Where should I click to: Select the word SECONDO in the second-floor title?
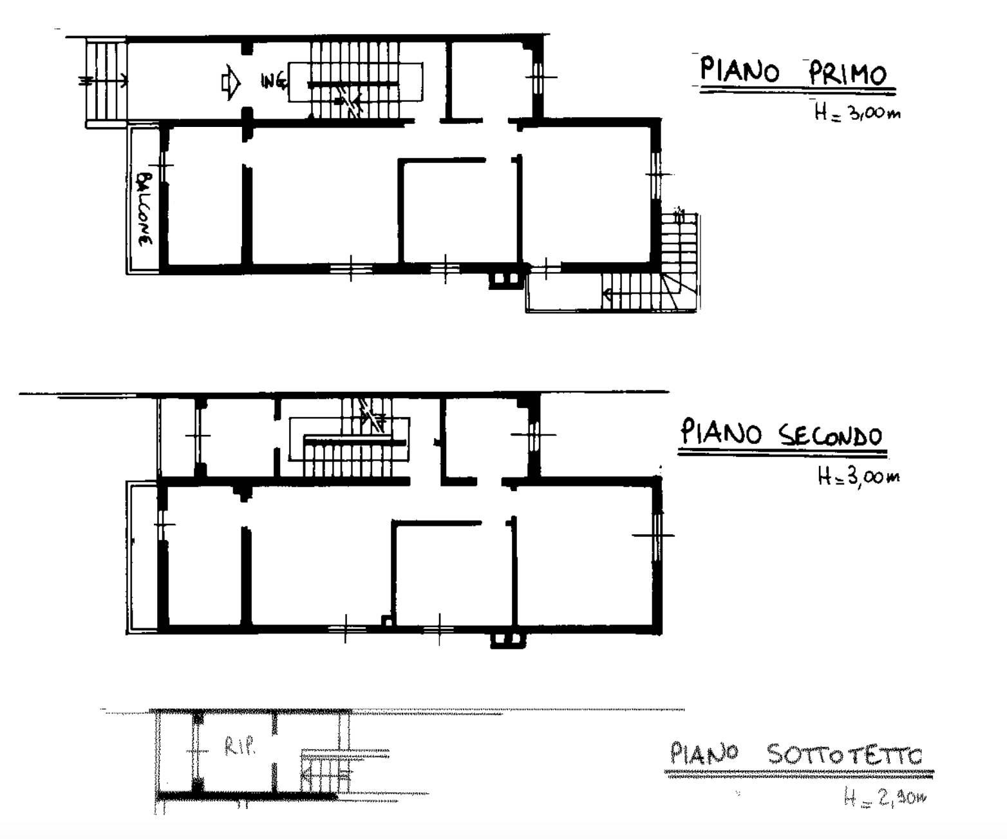(830, 435)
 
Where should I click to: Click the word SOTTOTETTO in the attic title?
(845, 755)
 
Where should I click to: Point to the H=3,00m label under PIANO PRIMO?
(857, 112)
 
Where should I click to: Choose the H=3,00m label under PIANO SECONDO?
(858, 477)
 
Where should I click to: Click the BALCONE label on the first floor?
(143, 209)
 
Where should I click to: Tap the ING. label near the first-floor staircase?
(273, 81)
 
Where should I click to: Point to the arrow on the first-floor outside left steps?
(104, 81)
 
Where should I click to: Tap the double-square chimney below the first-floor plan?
(506, 278)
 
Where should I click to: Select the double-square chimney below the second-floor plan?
(508, 640)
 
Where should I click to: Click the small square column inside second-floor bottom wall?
(387, 621)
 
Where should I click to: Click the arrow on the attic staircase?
(325, 775)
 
